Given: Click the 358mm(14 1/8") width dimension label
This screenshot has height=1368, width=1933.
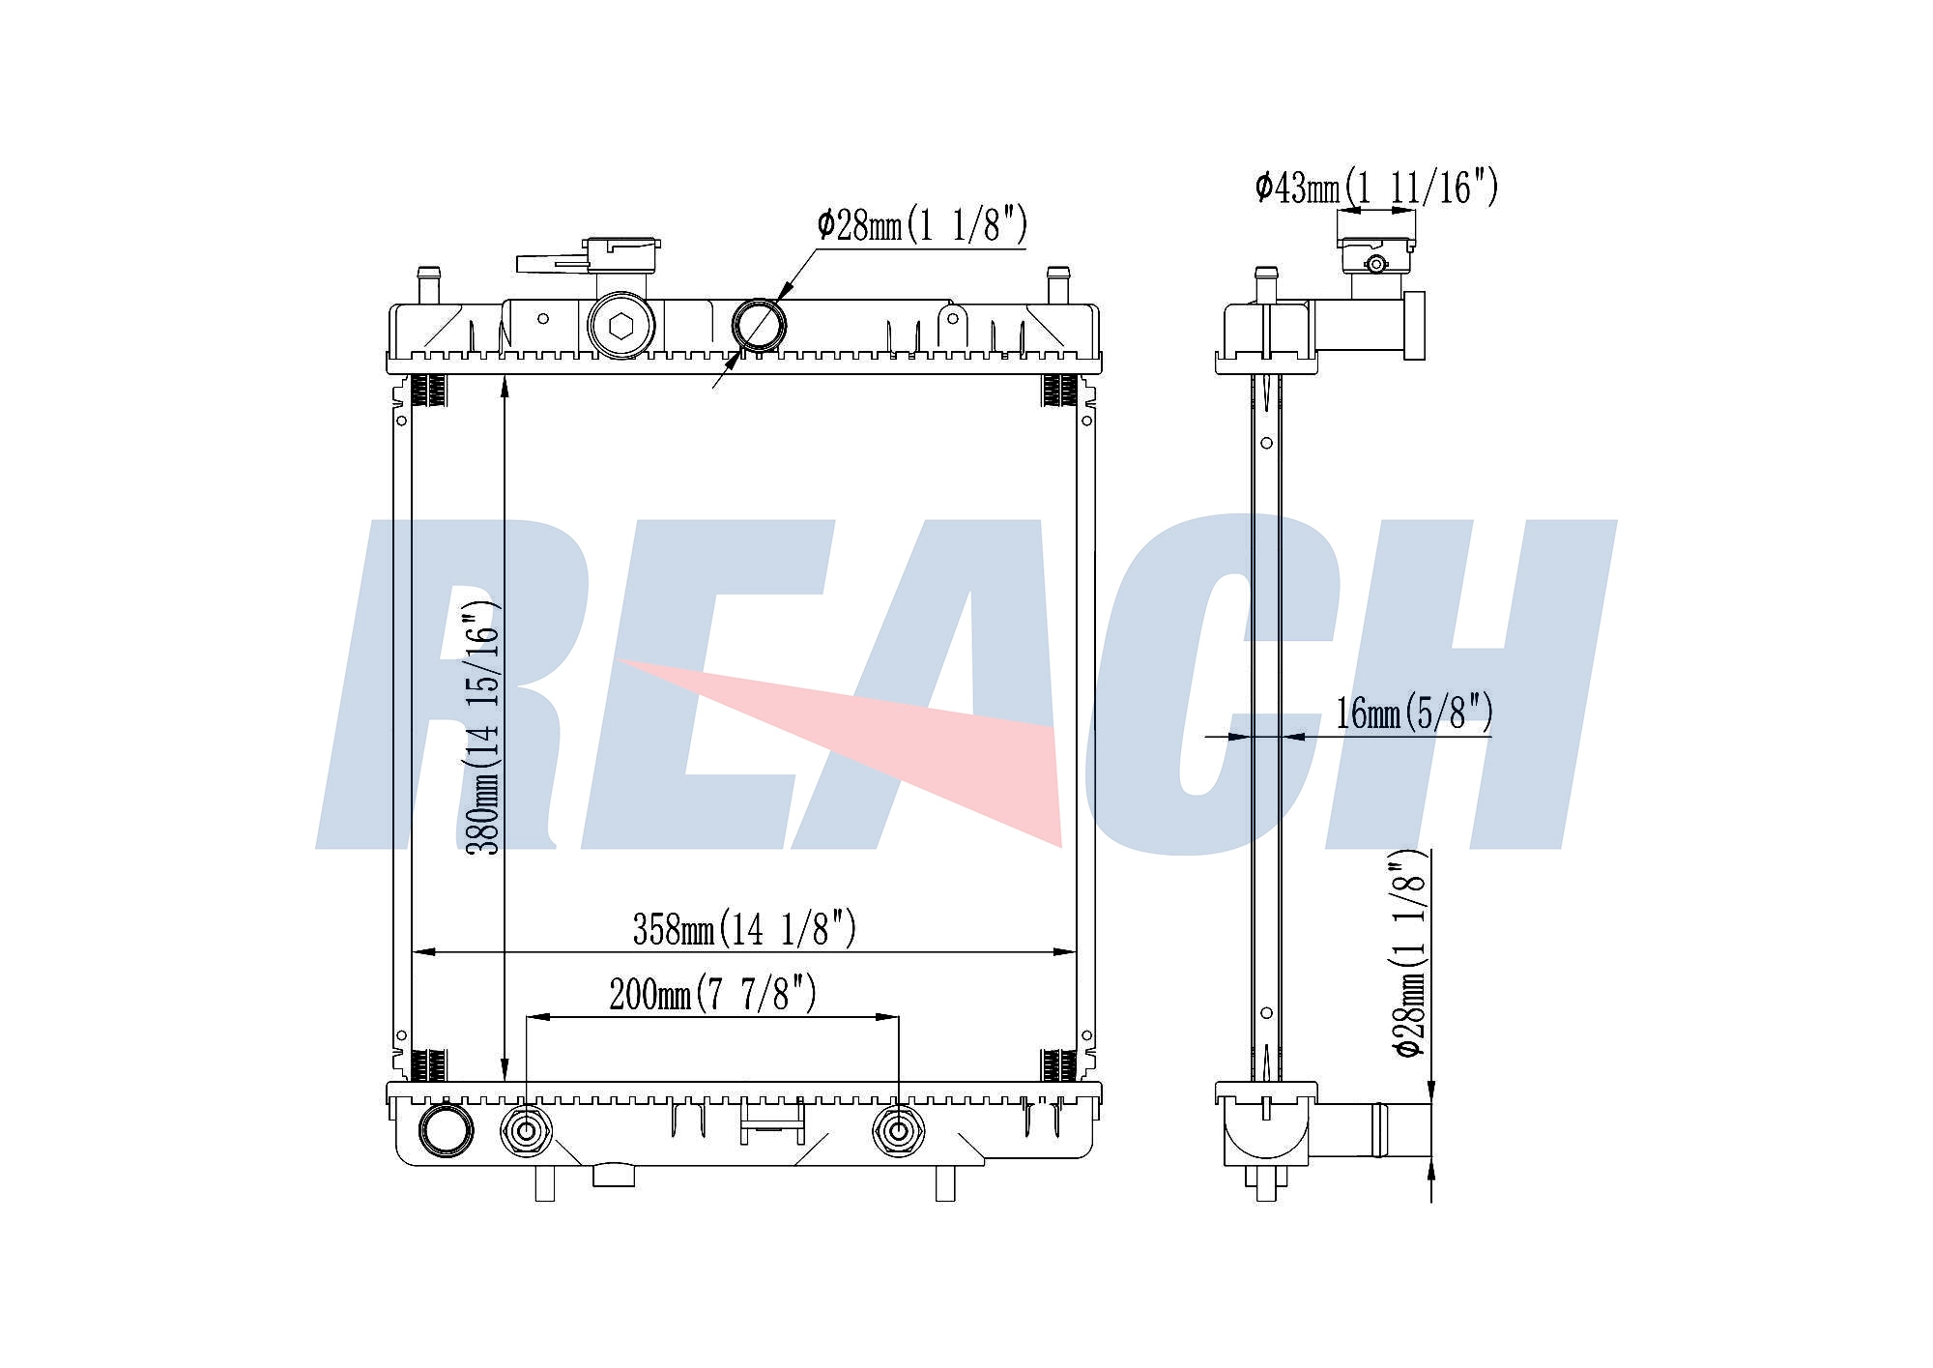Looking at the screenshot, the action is coord(744,929).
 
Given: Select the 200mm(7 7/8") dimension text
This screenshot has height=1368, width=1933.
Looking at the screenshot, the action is coord(712,994).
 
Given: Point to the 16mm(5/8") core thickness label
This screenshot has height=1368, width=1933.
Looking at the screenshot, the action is coord(1414,713).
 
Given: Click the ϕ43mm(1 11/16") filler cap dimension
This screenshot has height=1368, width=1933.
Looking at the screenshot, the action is coord(1376,187).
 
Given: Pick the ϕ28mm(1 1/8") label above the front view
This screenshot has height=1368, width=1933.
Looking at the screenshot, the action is coord(922,225).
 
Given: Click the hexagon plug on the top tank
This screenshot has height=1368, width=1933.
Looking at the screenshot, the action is coord(620,327).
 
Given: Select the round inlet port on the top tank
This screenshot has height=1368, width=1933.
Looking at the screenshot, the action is coord(759,325).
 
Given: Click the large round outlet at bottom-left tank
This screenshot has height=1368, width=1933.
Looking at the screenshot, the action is coord(446,1129).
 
